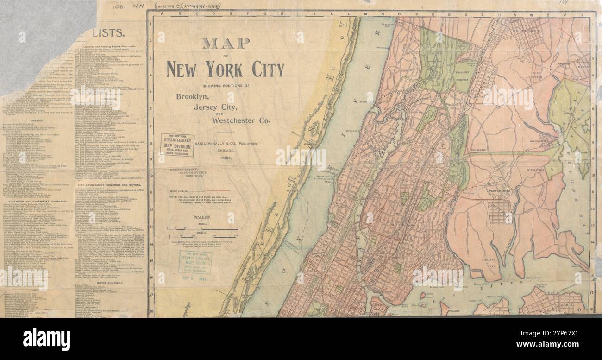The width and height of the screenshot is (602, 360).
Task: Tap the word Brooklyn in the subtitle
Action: [193, 97]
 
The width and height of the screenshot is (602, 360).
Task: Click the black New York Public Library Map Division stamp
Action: [176, 145]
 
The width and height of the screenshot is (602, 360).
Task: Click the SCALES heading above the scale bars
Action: [202, 217]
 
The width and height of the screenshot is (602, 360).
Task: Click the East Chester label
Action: [537, 75]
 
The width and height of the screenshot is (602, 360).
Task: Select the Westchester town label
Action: [499, 189]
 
